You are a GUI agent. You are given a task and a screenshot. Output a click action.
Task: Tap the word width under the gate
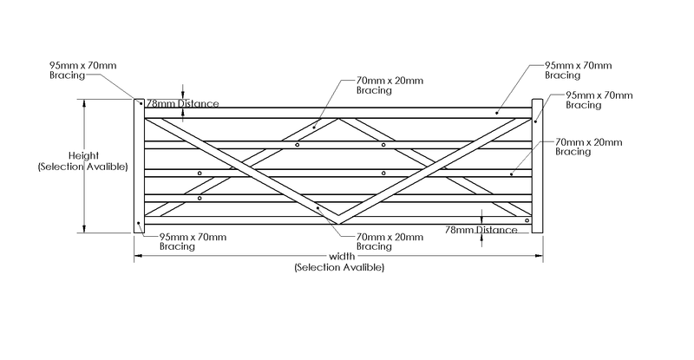(340, 257)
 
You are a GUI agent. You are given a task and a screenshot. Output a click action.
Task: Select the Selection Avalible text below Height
(82, 166)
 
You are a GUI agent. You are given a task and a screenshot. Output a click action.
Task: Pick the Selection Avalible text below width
(339, 268)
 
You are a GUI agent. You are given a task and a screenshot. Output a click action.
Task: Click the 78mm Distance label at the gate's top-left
(182, 103)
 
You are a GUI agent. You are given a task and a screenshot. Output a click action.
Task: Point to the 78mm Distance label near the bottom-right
(481, 229)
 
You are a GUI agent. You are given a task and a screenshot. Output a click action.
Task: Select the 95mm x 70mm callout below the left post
(193, 241)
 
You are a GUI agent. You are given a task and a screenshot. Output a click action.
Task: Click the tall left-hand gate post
(138, 166)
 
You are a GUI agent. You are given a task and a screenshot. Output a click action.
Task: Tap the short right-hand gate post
(537, 166)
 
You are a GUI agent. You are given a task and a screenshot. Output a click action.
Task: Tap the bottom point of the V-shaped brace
(337, 217)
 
